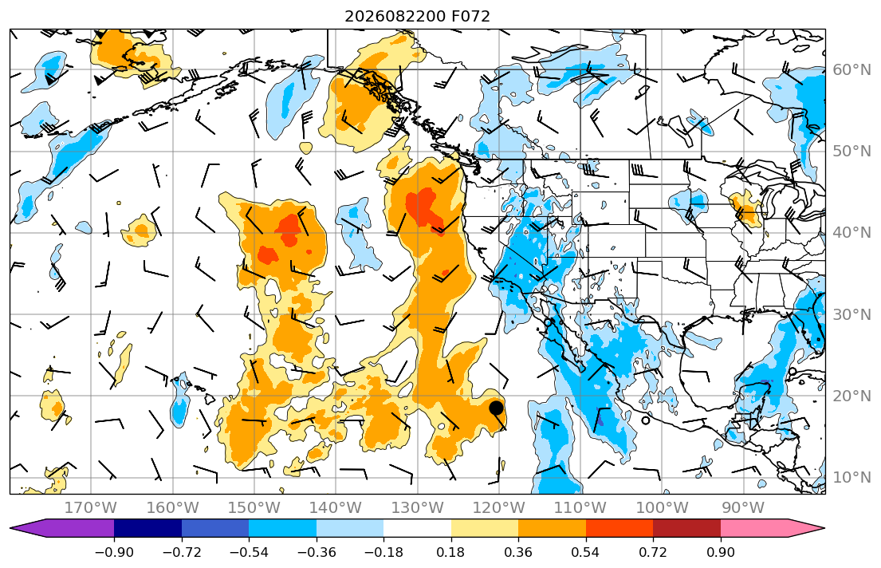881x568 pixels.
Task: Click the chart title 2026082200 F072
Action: [x=417, y=16]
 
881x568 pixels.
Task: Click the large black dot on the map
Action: [x=496, y=408]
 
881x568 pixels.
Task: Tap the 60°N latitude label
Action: [x=852, y=69]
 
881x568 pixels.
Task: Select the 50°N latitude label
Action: [x=852, y=152]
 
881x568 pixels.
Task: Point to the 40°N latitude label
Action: [x=852, y=232]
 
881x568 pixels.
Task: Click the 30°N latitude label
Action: [x=852, y=314]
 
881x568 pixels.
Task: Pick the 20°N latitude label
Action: [x=852, y=396]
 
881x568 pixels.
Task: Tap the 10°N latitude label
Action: [x=852, y=478]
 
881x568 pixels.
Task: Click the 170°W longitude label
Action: [x=91, y=508]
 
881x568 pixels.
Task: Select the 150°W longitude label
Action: [x=254, y=508]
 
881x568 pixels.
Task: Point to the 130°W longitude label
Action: [x=418, y=508]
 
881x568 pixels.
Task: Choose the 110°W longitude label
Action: [x=580, y=508]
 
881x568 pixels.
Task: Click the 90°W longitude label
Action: [x=743, y=508]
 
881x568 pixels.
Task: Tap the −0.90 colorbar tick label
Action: [x=114, y=553]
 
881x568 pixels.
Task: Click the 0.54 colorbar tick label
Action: [x=585, y=553]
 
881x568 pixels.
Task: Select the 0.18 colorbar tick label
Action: [x=450, y=553]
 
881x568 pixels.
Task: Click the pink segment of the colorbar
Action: [x=773, y=529]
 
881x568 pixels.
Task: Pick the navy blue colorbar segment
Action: [x=147, y=529]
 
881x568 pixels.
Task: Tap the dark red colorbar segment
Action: [x=686, y=529]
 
